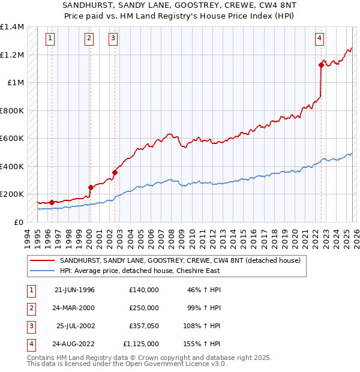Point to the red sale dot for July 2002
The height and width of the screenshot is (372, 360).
click(114, 172)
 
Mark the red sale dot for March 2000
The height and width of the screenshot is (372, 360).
click(90, 187)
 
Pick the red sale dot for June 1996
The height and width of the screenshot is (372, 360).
click(52, 202)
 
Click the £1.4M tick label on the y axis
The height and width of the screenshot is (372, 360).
click(12, 27)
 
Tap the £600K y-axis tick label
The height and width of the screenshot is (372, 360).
click(12, 139)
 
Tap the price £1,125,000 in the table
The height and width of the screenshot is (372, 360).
click(143, 344)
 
